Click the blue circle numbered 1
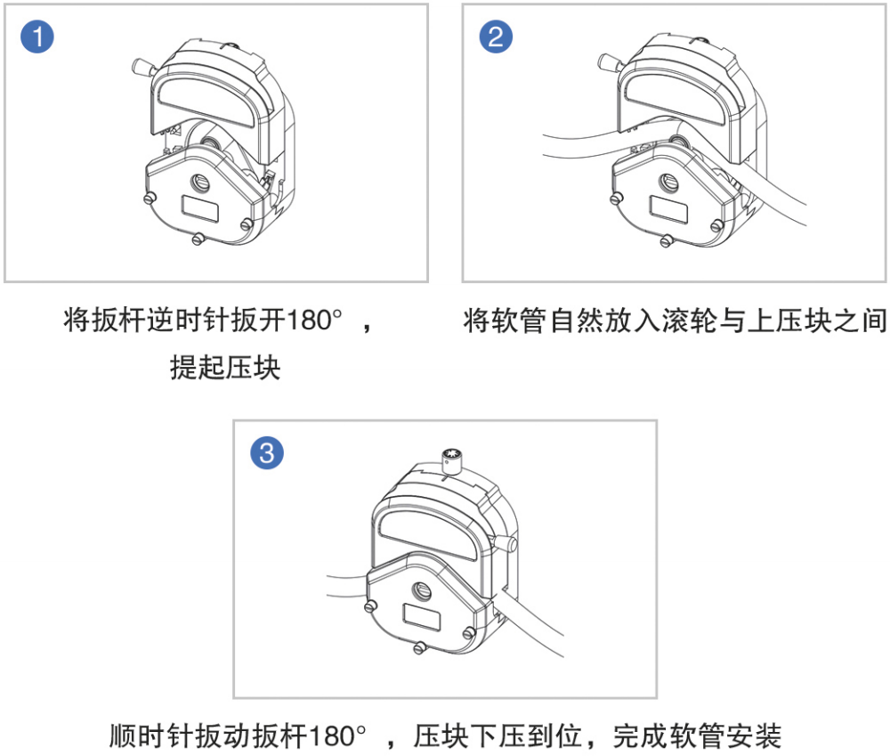[x=36, y=37]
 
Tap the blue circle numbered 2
[x=496, y=37]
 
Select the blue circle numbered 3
[x=267, y=452]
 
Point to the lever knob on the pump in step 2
[x=609, y=62]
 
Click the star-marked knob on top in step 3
[x=452, y=460]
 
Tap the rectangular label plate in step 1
[x=199, y=209]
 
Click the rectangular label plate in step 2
[x=668, y=209]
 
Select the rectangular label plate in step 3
[x=422, y=617]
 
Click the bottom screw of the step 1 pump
[x=198, y=239]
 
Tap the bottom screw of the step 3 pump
[x=419, y=647]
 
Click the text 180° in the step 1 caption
[x=316, y=321]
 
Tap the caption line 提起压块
[x=225, y=367]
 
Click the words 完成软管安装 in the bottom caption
[x=697, y=736]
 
